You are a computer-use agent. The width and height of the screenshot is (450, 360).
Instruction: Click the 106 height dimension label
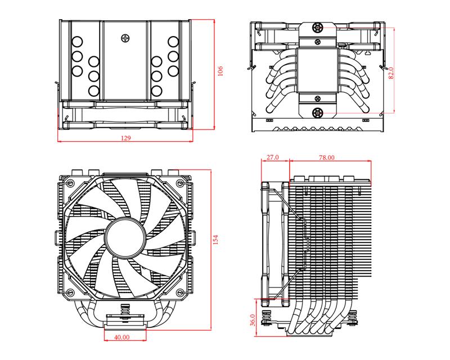[x=220, y=71]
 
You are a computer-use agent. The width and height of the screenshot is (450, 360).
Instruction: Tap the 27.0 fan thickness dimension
[x=273, y=158]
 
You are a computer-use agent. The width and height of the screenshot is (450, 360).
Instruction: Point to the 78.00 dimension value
[x=327, y=158]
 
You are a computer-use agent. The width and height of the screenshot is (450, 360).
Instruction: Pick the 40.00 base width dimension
[x=121, y=337]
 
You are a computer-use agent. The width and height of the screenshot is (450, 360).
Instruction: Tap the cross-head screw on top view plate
[x=126, y=38]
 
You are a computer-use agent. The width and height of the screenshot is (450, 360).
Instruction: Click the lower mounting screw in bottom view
[x=318, y=112]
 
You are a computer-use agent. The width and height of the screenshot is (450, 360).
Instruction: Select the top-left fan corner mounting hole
[x=70, y=182]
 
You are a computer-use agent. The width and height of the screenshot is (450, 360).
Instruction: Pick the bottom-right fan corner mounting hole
[x=179, y=294]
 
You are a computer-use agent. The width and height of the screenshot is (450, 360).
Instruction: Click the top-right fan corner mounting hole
[x=179, y=182]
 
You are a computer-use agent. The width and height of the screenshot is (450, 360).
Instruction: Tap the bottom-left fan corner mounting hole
[x=70, y=294]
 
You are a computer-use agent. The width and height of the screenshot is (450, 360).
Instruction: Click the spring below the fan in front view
[x=125, y=311]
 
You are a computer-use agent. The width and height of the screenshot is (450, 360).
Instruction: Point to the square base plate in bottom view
[x=318, y=69]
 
